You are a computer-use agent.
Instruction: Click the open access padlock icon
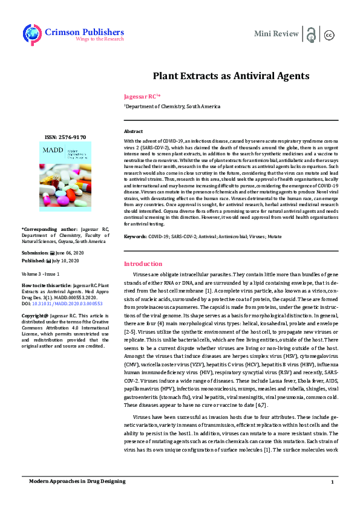point(311,34)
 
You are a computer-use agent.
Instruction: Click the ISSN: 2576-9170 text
point(66,138)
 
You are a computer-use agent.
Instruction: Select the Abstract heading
point(133,131)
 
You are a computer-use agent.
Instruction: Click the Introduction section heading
point(143,264)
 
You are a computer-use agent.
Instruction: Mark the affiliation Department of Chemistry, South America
point(165,106)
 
